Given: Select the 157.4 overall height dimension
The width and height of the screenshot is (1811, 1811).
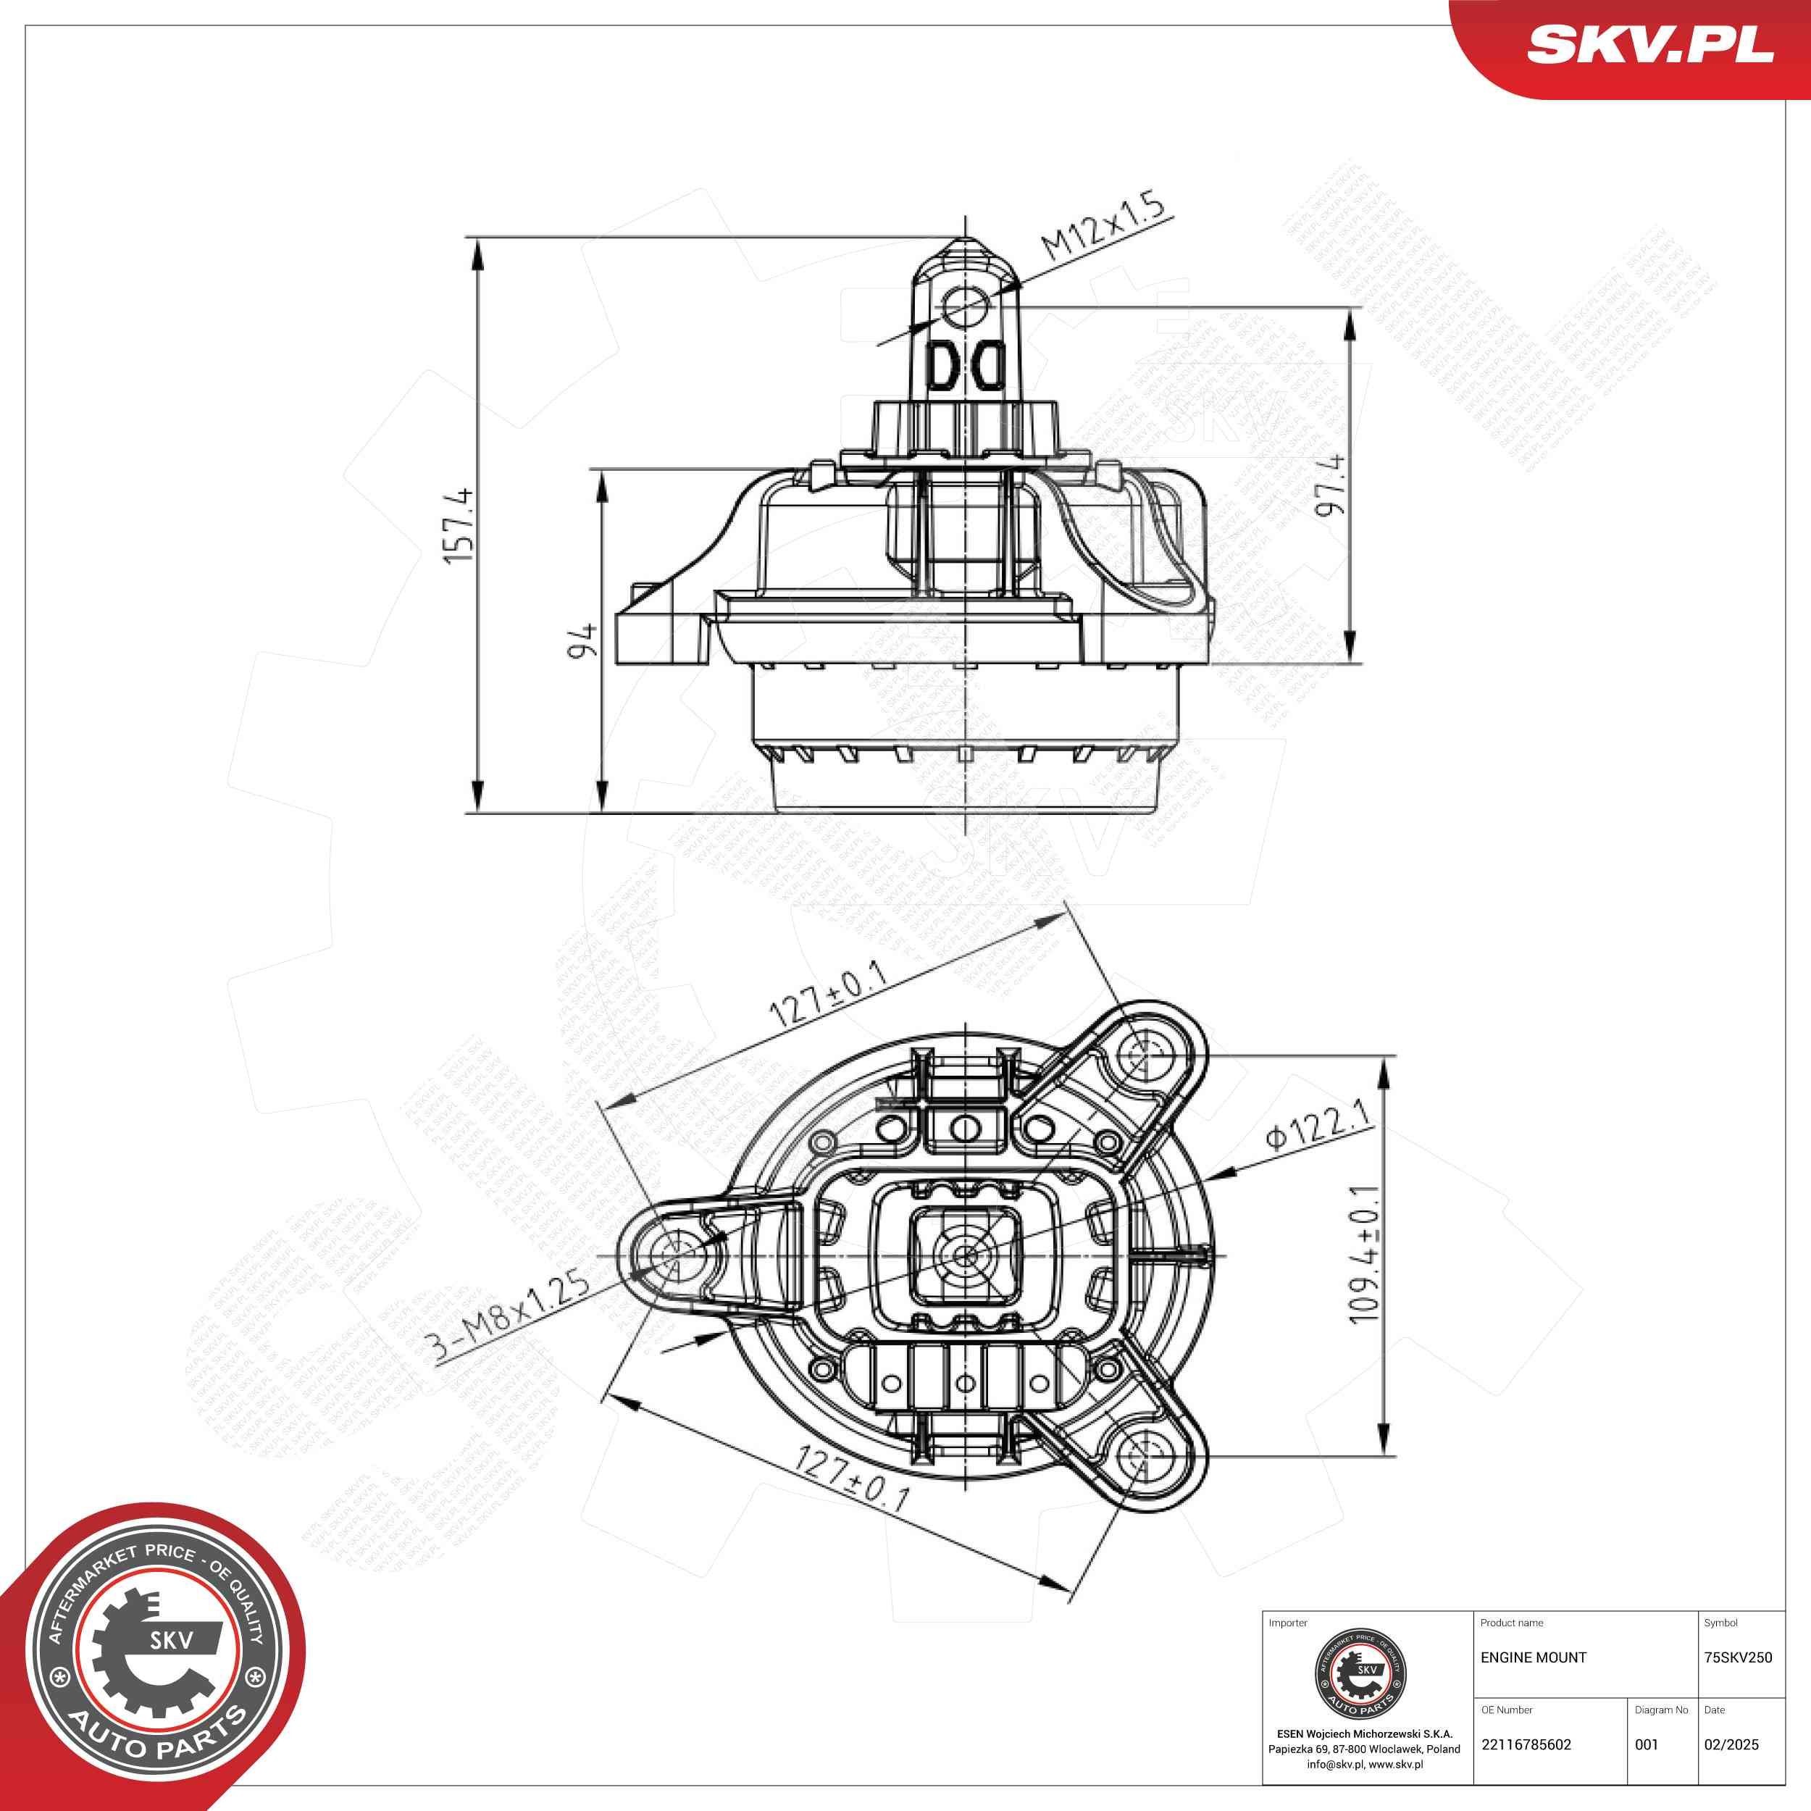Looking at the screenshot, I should coord(460,526).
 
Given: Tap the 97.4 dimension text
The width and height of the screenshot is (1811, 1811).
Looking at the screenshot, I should coord(1330,485).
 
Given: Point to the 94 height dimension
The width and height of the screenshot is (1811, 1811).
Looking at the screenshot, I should coord(584,640).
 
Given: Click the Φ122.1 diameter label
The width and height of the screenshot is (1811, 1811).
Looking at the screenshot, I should coord(1319,1126).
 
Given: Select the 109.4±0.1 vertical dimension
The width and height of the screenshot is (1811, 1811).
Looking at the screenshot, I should coord(1365,1254).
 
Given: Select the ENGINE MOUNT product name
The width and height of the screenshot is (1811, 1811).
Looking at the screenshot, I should coord(1534,1657).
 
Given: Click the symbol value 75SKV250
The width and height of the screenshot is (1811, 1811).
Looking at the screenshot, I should coord(1738,1657).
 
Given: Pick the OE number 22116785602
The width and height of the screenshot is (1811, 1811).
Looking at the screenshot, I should coord(1526,1744).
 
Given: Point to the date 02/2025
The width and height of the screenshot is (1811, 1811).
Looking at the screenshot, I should coord(1731,1744).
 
